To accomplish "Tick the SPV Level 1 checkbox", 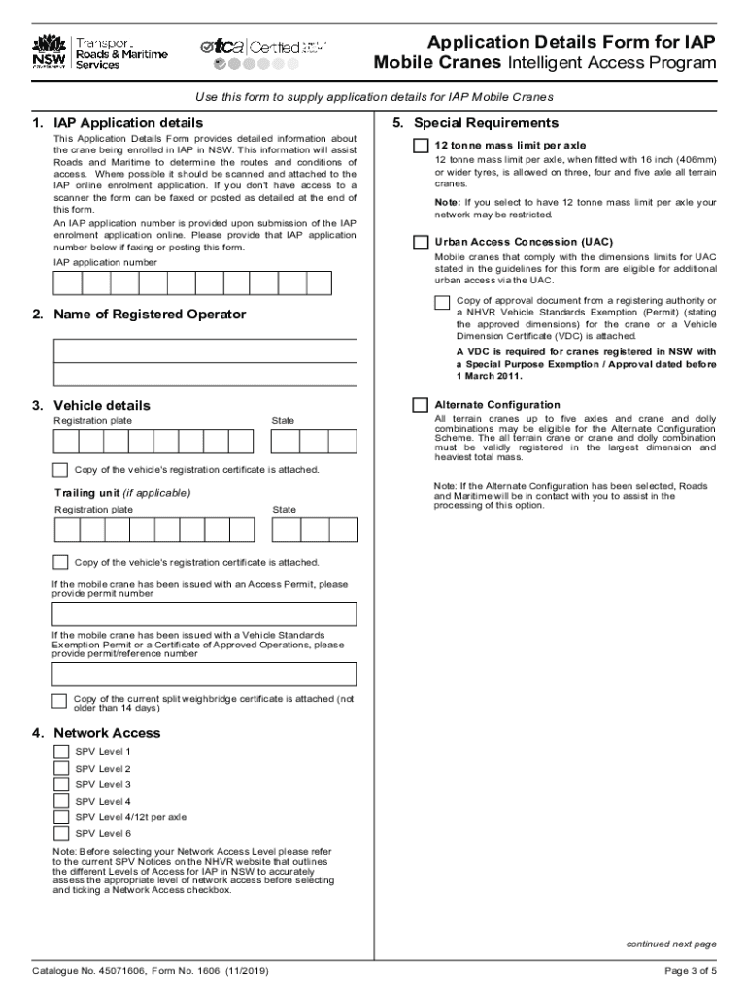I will pyautogui.click(x=60, y=752).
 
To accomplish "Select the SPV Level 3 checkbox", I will pyautogui.click(x=60, y=784).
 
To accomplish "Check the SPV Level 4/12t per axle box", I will pyautogui.click(x=60, y=817).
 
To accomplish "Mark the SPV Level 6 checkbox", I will pyautogui.click(x=60, y=833).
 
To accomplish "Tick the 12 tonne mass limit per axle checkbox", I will pyautogui.click(x=420, y=146).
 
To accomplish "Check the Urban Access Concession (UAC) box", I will pyautogui.click(x=420, y=242).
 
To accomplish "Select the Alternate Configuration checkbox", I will pyautogui.click(x=420, y=405).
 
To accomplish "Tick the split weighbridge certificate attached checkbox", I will pyautogui.click(x=59, y=702).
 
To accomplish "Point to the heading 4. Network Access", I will pyautogui.click(x=107, y=733).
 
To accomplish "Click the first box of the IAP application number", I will pyautogui.click(x=67, y=282).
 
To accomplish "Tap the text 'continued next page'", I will pyautogui.click(x=671, y=944).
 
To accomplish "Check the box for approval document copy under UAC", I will pyautogui.click(x=443, y=303).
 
